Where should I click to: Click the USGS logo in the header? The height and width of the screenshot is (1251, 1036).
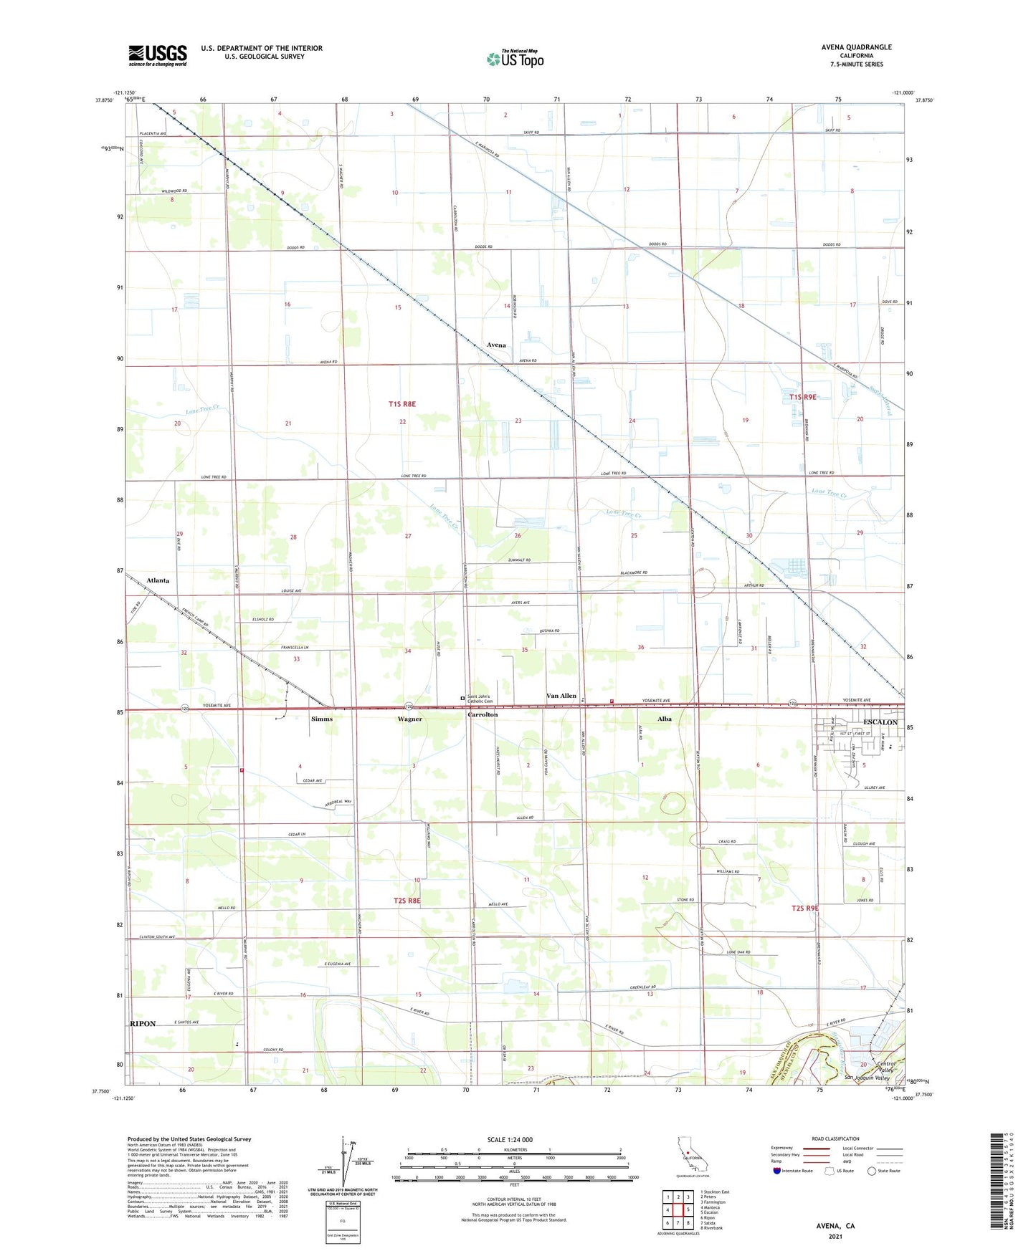point(158,54)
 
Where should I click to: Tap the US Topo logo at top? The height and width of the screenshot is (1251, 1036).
point(515,58)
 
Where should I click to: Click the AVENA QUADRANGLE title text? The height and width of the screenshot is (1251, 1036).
point(856,47)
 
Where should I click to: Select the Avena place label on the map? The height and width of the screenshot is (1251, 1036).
point(496,345)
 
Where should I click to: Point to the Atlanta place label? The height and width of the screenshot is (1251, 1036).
point(158,580)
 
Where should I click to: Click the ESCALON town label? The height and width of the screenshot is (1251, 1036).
point(880,722)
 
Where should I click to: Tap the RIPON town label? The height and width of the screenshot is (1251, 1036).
point(143,1024)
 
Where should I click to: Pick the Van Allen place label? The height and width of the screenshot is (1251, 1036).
point(561,696)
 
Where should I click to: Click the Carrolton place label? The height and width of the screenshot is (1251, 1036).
point(483,715)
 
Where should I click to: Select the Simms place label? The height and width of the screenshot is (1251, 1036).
point(322,719)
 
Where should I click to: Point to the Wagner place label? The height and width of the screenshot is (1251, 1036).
point(409,719)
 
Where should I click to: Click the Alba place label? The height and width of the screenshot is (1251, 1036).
point(665,719)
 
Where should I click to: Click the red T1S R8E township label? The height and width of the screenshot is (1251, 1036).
point(402,404)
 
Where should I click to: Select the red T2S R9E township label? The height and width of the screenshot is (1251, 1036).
point(804,909)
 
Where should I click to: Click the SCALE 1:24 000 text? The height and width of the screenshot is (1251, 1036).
point(510,1140)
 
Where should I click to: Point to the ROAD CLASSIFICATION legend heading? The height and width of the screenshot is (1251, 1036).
point(835,1139)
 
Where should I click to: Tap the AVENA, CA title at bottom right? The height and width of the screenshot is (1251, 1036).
point(835,1226)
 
